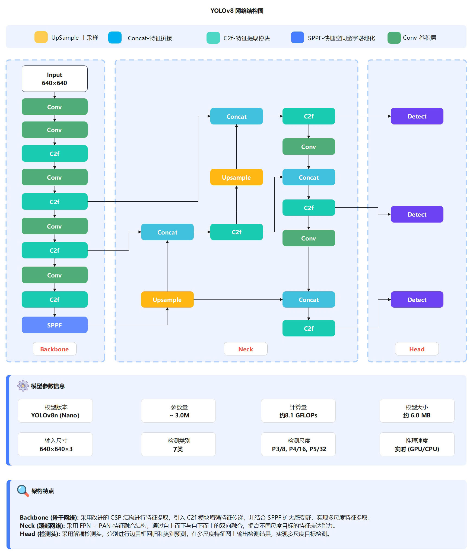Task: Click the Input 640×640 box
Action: (55, 79)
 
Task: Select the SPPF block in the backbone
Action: (55, 325)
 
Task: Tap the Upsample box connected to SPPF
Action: (167, 299)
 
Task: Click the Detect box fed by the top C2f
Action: (417, 116)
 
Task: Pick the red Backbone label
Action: (55, 349)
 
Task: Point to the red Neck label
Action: (246, 349)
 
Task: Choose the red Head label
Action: (417, 349)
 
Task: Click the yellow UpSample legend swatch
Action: (41, 37)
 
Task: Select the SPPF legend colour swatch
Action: (297, 38)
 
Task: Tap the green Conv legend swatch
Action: (394, 38)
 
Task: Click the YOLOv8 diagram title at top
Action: (237, 11)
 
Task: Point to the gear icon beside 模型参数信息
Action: (23, 386)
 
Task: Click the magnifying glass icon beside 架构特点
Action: (23, 490)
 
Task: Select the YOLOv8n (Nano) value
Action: (55, 415)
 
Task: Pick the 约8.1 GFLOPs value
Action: (298, 415)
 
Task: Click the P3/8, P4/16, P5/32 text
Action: (299, 449)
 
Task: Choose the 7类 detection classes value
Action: (178, 449)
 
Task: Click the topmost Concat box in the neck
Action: (236, 116)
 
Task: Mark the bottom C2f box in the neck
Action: (309, 328)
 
